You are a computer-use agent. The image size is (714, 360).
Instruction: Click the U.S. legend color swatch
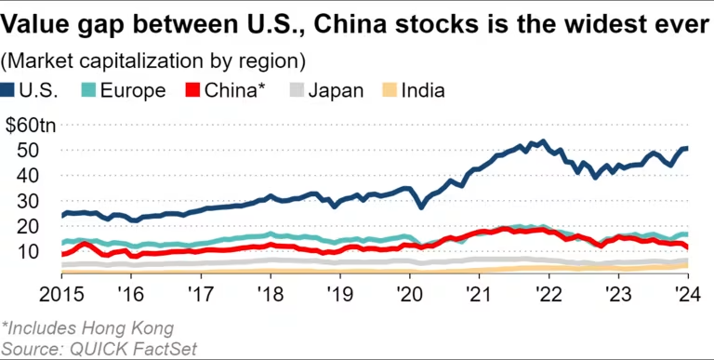coord(8,91)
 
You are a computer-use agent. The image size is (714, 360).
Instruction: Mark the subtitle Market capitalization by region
coord(154,62)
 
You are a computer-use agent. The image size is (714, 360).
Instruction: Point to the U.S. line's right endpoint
coord(685,149)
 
